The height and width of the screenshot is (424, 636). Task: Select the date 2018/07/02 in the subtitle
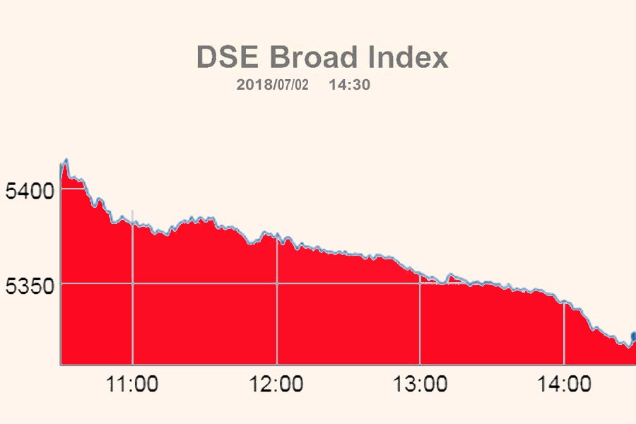tap(273, 85)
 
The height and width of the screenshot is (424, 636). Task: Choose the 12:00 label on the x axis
tap(277, 385)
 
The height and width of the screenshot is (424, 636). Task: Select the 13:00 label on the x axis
tap(420, 385)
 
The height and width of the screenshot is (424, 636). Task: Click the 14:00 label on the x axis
tap(564, 385)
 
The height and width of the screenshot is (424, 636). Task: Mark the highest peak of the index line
tap(66, 160)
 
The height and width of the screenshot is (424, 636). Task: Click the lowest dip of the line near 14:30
tap(625, 346)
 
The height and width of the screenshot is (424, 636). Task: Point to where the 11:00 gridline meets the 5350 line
tap(133, 283)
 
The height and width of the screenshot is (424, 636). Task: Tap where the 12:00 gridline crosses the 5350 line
tap(277, 283)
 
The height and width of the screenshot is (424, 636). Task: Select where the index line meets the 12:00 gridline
tap(277, 235)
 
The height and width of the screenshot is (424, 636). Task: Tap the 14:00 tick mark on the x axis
tap(564, 365)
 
